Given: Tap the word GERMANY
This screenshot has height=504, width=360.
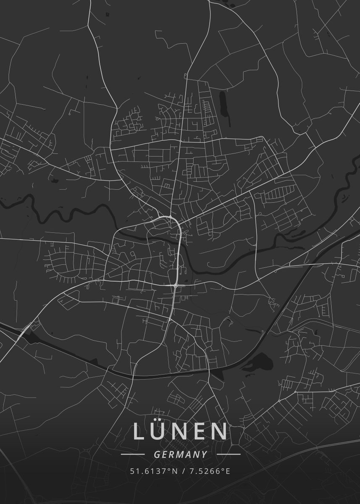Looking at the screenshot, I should [181, 454].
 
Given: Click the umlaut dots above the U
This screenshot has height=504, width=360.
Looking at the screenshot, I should [159, 422].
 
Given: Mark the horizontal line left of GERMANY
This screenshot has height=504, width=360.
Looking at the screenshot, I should [133, 454].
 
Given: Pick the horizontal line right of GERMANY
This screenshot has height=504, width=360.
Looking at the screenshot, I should [229, 454].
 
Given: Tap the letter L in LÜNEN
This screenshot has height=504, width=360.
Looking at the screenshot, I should [139, 432].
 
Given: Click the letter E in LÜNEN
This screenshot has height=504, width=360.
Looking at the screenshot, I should [199, 432].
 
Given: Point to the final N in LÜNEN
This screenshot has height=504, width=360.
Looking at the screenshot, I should [219, 432].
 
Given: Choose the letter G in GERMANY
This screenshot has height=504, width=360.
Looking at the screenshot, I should [157, 454].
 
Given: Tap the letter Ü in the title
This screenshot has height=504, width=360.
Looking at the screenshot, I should [159, 431].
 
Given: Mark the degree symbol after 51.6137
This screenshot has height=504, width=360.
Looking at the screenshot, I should [170, 469].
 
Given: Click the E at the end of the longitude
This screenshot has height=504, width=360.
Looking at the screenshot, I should [228, 471].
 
